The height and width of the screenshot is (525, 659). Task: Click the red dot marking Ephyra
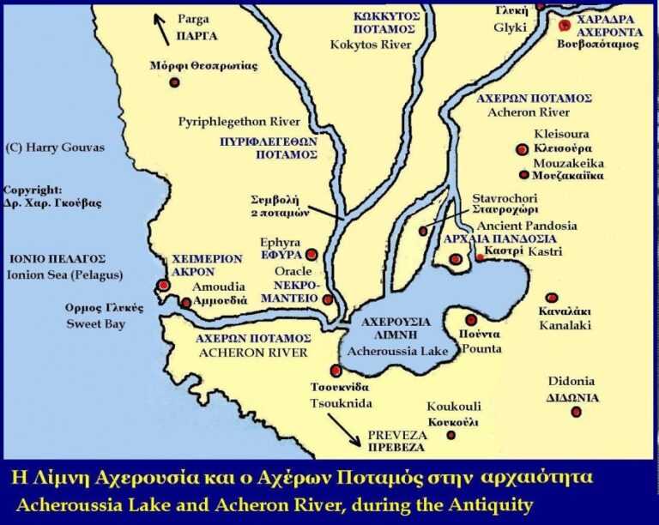[311, 254]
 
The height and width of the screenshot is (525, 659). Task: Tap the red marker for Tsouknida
[336, 371]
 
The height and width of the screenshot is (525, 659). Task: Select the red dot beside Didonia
[576, 412]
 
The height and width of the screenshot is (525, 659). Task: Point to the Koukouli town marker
[451, 436]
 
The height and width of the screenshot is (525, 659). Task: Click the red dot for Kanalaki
[552, 298]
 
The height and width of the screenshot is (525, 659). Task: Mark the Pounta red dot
[471, 320]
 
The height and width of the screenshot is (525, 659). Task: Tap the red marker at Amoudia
[185, 302]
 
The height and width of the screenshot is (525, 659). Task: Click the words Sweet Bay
[96, 324]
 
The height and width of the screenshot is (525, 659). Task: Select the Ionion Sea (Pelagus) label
[65, 275]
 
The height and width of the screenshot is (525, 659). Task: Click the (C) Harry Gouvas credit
[54, 148]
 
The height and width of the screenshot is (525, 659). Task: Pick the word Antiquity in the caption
[487, 505]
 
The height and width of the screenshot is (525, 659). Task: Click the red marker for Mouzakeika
[523, 175]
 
